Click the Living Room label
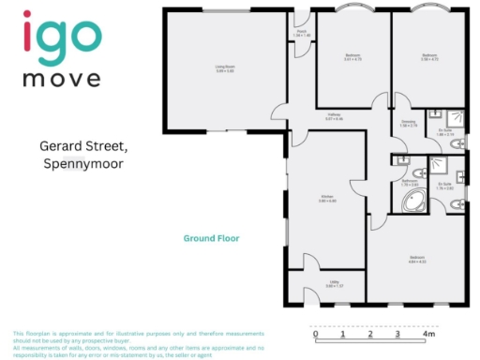(x=224, y=68)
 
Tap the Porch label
(x=302, y=33)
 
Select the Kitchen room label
(x=327, y=199)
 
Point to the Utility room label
(x=332, y=285)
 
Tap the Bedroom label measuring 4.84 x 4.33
(x=417, y=261)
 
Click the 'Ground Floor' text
(x=211, y=238)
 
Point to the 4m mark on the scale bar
(x=429, y=334)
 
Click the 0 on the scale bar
(x=316, y=334)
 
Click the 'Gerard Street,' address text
(x=82, y=146)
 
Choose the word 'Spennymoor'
(x=83, y=164)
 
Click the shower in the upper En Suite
(x=454, y=119)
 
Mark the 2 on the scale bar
(x=371, y=334)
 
